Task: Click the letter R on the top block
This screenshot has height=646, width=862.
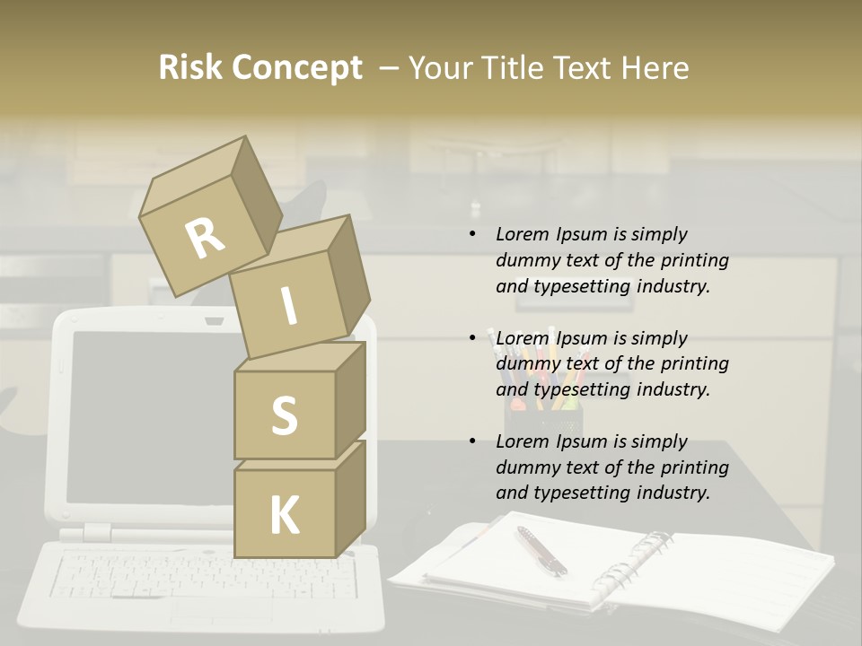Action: (205, 238)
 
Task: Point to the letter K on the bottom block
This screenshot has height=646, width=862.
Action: (284, 516)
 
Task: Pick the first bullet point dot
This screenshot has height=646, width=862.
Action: (472, 235)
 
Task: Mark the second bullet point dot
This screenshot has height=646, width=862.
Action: (472, 339)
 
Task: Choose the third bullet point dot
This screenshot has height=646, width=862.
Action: (472, 442)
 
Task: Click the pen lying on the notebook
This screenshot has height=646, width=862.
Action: (541, 550)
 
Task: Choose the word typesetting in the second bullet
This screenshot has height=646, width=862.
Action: (582, 389)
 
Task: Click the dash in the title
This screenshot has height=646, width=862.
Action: (390, 68)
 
